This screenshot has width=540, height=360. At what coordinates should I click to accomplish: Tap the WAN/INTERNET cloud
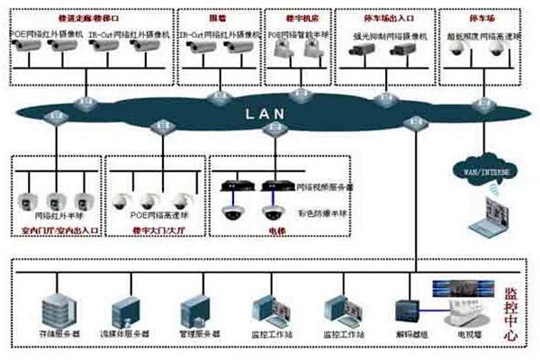coord(480,169)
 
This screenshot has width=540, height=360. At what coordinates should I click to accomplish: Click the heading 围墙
coord(216,17)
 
